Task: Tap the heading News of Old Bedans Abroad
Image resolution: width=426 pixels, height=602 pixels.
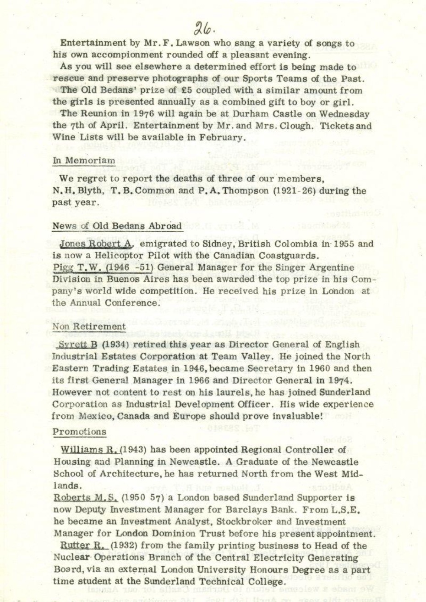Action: click(117, 226)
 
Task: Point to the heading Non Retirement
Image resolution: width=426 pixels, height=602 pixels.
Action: click(89, 327)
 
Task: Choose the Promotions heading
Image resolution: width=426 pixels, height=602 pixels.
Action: click(79, 432)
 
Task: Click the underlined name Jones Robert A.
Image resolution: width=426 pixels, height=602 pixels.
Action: click(95, 244)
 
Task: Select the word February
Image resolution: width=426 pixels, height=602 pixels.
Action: click(219, 137)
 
